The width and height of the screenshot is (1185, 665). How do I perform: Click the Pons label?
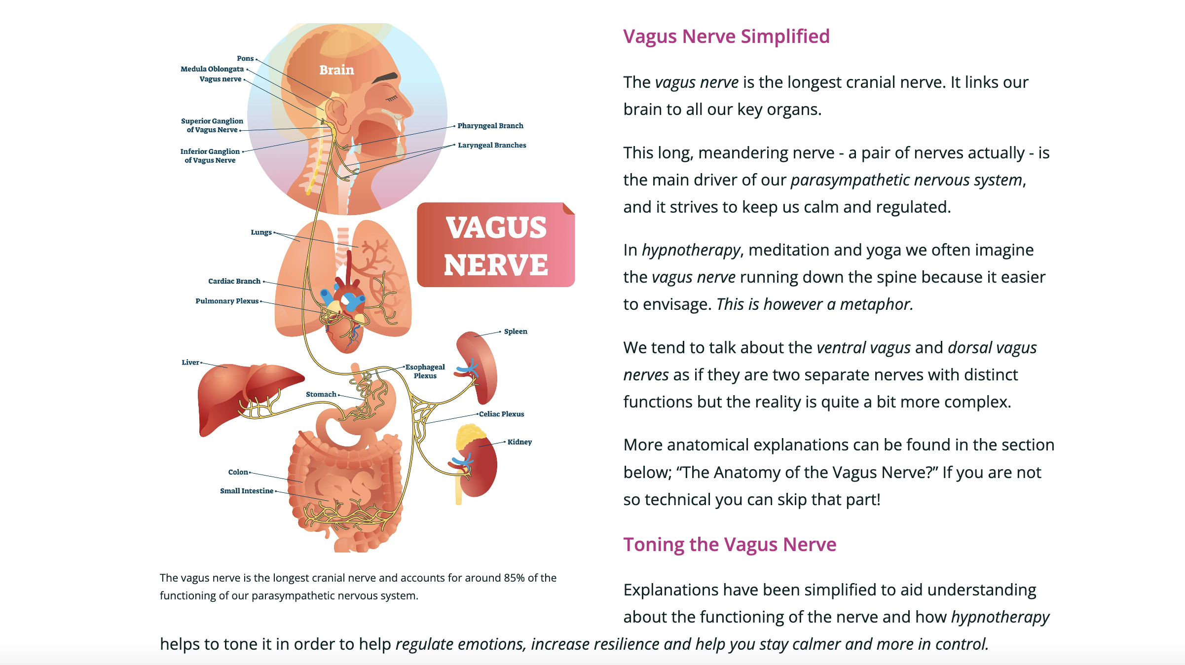[245, 59]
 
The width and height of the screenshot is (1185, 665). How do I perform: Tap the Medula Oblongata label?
[212, 69]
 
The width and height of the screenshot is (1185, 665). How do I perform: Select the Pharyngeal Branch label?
[490, 126]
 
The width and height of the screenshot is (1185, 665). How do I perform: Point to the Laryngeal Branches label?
[491, 145]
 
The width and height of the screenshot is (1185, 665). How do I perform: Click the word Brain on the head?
[336, 70]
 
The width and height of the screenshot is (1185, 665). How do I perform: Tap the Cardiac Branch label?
[234, 281]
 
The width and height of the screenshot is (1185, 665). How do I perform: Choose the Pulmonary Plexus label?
[227, 301]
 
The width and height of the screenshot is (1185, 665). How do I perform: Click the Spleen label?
[515, 332]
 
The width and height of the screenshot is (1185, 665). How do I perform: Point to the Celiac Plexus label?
[501, 414]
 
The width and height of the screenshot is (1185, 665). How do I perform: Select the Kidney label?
[519, 442]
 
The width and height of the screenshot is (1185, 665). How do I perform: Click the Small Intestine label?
[246, 491]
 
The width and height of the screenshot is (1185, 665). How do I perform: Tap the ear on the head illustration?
[337, 111]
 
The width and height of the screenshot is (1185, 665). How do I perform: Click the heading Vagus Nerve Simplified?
[726, 37]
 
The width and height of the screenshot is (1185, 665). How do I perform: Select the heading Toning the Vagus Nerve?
[730, 545]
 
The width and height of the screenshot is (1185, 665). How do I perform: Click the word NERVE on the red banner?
[496, 265]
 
